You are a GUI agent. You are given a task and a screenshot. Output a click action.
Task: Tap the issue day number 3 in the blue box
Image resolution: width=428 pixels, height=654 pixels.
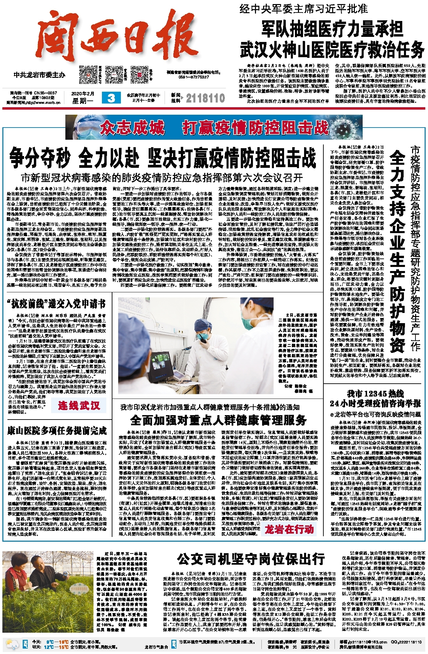pos(111,98)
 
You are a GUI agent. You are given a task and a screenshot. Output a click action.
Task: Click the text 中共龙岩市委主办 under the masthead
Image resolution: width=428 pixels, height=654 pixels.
pos(40,75)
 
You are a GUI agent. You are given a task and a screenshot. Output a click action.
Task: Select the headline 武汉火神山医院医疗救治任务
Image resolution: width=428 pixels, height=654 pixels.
pos(332,49)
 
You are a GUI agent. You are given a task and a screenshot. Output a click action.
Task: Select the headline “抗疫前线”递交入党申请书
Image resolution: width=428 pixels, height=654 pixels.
pos(56,304)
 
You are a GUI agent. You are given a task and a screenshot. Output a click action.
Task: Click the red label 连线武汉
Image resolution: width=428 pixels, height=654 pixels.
pos(79,405)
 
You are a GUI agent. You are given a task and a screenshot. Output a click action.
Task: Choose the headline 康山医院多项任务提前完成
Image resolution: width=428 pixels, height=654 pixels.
pos(57,431)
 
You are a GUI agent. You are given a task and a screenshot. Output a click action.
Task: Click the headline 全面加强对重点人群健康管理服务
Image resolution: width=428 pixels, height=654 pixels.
pos(218,420)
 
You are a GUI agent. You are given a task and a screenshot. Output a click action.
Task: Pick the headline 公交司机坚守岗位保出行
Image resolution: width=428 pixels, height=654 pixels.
pos(251,559)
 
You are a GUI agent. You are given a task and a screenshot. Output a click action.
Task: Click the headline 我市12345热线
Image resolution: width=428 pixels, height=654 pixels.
pos(375,393)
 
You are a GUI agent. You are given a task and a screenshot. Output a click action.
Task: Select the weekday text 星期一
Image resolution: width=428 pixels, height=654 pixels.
pos(83,100)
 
